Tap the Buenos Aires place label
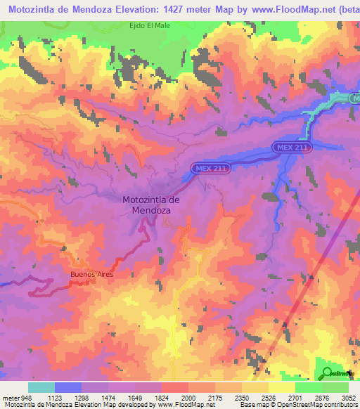click(x=91, y=274)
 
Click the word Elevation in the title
click(x=146, y=8)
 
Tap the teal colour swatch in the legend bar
click(x=41, y=387)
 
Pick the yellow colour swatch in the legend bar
click(x=281, y=387)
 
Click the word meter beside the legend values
click(x=11, y=397)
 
